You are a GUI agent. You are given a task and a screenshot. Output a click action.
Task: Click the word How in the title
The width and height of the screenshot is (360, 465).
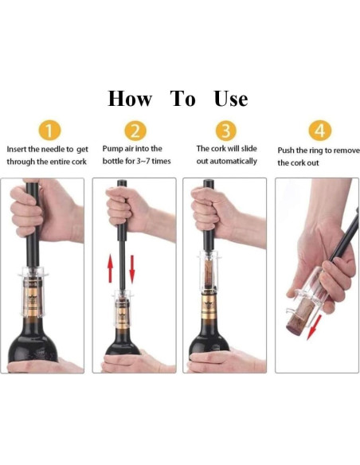point(130,99)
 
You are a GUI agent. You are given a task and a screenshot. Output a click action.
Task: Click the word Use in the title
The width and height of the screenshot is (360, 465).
point(230,99)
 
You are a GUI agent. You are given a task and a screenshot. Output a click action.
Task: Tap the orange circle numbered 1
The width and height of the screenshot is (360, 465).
point(50,131)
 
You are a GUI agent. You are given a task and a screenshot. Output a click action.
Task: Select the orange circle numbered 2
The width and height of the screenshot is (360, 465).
point(136,131)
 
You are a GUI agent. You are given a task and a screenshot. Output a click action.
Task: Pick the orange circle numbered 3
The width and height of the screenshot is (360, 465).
point(227,131)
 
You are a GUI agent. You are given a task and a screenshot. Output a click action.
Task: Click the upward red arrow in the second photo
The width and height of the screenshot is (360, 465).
point(110,268)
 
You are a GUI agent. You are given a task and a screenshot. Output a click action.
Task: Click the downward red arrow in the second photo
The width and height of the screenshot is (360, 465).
point(131,268)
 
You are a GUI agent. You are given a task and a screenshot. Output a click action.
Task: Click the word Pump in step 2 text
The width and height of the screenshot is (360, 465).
point(113,149)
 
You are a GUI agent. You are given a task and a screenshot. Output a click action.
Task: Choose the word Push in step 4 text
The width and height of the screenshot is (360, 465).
point(288,150)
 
